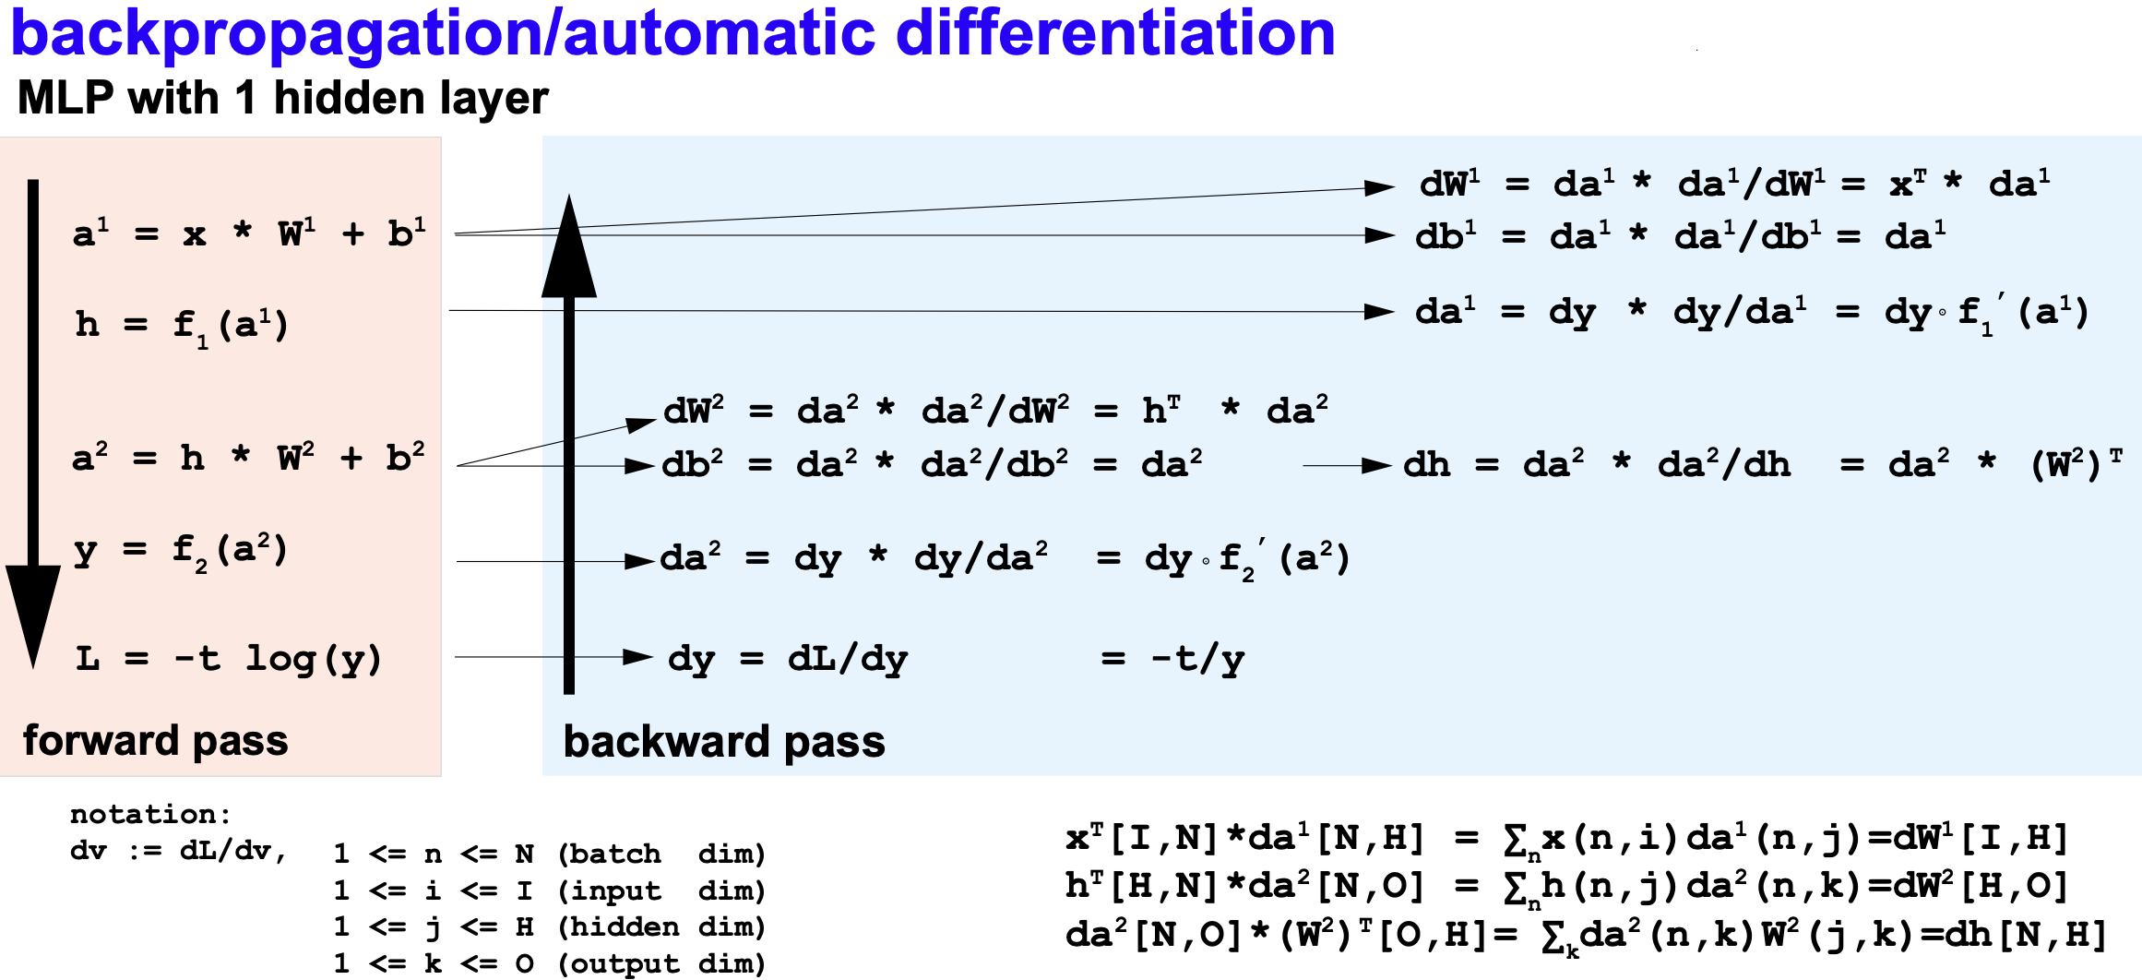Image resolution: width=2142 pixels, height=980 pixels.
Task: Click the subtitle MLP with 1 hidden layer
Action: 282,98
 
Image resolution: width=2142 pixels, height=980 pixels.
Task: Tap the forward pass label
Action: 155,740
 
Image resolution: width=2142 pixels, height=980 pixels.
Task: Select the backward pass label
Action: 724,742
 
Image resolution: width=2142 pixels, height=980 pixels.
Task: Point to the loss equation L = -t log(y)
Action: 228,659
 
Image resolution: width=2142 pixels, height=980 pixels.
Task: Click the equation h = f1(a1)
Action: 182,326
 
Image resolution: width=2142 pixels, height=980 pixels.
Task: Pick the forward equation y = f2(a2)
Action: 181,552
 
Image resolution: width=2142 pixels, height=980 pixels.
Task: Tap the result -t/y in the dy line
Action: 1197,659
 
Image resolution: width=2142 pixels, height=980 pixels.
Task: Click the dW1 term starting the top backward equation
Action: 1449,184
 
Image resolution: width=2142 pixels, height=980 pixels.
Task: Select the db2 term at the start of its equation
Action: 692,463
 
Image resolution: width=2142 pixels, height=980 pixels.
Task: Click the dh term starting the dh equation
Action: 1426,464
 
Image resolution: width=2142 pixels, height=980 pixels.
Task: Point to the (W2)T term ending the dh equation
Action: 2076,464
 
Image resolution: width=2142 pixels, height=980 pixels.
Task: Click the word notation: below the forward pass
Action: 150,814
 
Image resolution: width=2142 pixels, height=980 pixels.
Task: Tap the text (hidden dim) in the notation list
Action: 661,926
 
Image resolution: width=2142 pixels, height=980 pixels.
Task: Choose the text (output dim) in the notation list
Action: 661,963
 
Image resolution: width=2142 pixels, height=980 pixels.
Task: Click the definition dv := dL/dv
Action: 178,850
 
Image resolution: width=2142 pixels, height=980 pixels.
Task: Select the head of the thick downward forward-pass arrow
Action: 33,609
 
